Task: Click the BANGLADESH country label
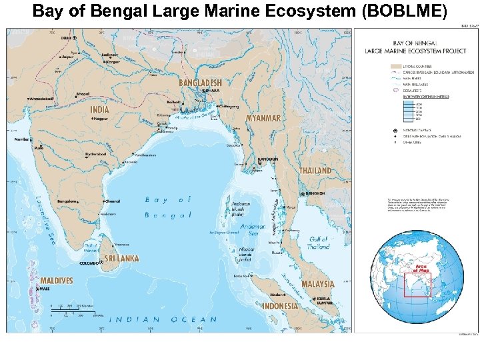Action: [x=200, y=83]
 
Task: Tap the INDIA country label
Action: [x=100, y=110]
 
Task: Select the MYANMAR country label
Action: [x=263, y=118]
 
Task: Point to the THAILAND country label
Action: [x=315, y=171]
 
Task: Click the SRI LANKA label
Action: [x=121, y=259]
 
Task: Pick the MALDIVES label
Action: [x=56, y=281]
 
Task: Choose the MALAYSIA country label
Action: [x=317, y=284]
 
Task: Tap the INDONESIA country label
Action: [x=280, y=306]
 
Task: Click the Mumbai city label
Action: [x=22, y=139]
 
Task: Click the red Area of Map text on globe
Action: [x=420, y=268]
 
